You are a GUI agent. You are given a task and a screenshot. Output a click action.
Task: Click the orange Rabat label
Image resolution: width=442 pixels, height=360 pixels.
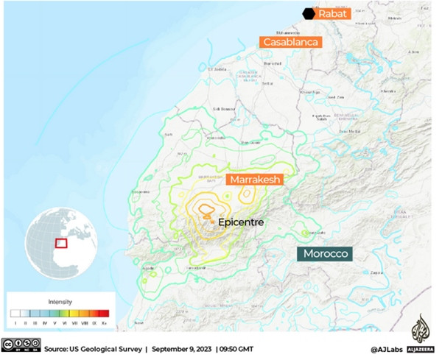coord(333,13)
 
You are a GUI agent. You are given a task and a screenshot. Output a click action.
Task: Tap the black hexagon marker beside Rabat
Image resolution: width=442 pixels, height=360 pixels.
coord(308,13)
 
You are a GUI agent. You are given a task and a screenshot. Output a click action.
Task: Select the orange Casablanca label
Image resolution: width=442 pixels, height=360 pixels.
coord(292,42)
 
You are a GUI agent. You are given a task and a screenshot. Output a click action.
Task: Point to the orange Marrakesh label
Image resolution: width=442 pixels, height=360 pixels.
coord(255,180)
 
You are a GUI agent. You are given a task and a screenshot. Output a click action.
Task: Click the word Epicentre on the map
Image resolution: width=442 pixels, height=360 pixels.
coord(241,221)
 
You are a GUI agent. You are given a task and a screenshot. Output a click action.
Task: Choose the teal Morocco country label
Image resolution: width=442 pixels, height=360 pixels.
coord(324,253)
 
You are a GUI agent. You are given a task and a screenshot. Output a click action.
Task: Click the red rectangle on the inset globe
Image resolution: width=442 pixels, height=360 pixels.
coord(62,242)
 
